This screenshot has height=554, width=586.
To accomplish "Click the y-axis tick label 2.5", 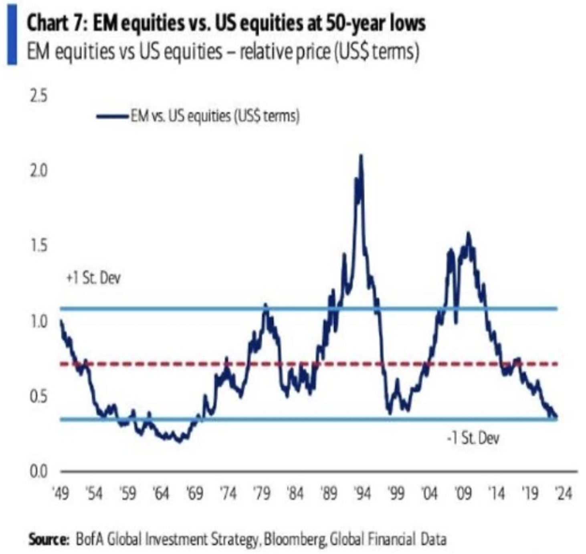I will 38,97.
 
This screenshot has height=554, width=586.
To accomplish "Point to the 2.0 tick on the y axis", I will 38,171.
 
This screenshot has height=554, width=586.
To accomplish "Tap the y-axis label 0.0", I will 38,471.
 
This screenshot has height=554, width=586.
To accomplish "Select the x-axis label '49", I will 61,493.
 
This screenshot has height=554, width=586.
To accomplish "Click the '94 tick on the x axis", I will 363,493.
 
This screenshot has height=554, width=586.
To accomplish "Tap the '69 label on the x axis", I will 195,493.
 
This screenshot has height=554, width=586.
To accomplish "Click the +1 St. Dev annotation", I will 93,278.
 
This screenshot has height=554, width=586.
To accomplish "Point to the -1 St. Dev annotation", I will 473,438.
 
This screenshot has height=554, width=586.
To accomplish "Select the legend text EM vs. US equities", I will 215,116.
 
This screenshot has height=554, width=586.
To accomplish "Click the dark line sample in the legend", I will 112,117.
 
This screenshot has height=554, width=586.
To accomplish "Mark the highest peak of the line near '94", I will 361,156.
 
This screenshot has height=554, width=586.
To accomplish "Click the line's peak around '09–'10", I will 468,234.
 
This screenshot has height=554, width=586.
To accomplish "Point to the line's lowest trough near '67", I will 179,441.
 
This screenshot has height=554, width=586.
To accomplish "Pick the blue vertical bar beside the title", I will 12,35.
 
